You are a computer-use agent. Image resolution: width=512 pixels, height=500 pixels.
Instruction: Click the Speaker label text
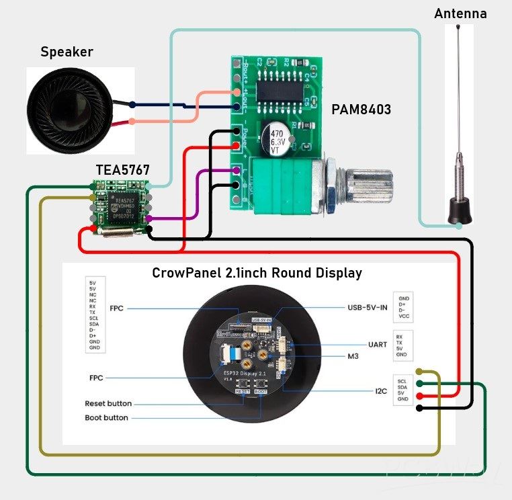click(x=67, y=52)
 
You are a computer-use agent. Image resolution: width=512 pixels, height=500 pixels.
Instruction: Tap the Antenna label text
click(x=460, y=13)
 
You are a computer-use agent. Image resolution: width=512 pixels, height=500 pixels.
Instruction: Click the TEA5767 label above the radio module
click(x=122, y=170)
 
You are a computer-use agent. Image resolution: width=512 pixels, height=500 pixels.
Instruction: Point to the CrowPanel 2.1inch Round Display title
click(x=257, y=273)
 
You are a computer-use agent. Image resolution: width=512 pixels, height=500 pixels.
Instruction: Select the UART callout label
click(x=378, y=344)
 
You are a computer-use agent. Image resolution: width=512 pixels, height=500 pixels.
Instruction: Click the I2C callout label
click(x=380, y=389)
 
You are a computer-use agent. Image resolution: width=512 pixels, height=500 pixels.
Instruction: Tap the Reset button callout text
click(x=108, y=404)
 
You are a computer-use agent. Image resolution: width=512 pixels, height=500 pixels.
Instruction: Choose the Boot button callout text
click(x=106, y=418)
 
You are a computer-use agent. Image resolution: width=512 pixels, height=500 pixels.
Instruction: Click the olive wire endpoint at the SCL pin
click(x=419, y=371)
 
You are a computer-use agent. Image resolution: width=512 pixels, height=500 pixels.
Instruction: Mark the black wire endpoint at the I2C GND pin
click(x=419, y=407)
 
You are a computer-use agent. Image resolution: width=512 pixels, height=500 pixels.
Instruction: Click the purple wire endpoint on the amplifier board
click(x=237, y=171)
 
